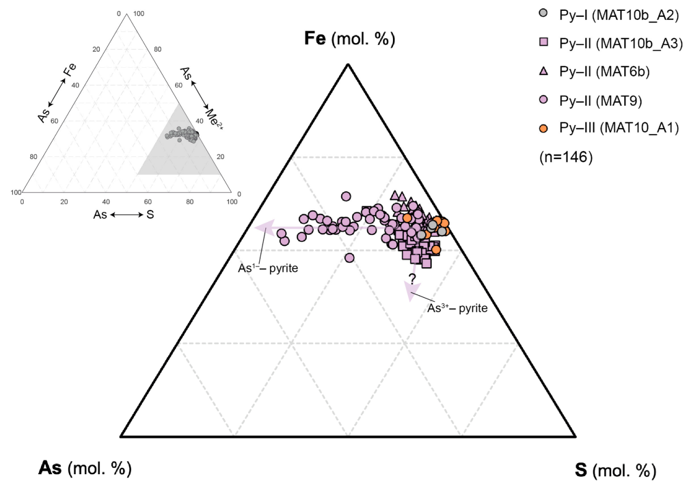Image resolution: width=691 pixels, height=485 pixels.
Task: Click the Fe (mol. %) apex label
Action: click(x=348, y=39)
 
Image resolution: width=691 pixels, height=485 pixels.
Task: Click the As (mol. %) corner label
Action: click(x=85, y=468)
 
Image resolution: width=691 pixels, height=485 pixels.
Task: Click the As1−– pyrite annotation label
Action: click(x=268, y=268)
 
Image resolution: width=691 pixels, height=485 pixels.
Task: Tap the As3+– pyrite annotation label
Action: click(x=457, y=308)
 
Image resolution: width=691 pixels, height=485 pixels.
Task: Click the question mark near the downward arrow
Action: click(x=412, y=279)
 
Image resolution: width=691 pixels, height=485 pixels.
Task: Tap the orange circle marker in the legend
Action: click(x=543, y=128)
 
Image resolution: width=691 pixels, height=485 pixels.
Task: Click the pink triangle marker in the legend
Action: click(x=543, y=71)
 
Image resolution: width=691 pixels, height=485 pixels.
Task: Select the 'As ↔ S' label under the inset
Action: click(x=123, y=215)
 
